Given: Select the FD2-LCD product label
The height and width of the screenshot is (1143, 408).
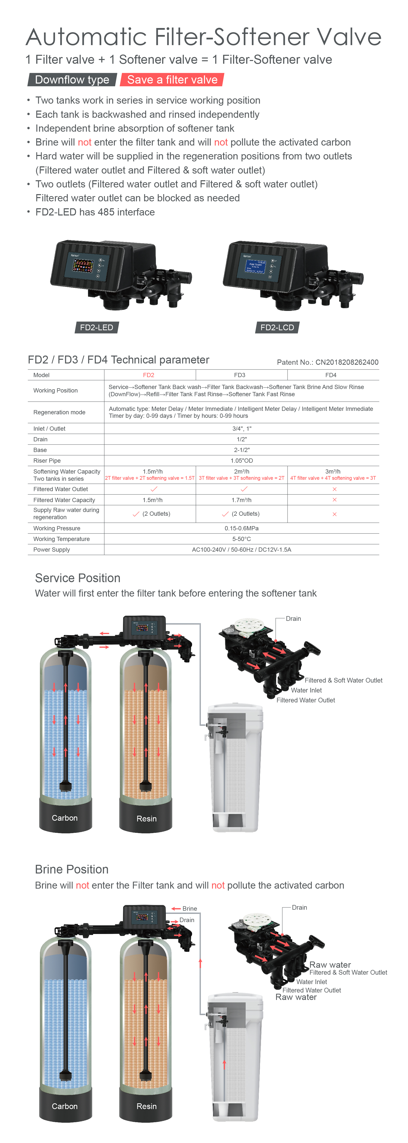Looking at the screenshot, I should tap(277, 328).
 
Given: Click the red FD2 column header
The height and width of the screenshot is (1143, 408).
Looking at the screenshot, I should tap(148, 375).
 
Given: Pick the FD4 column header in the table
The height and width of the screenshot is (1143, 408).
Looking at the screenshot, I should tap(331, 375).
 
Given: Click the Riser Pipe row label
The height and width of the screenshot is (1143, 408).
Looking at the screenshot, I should tap(47, 461).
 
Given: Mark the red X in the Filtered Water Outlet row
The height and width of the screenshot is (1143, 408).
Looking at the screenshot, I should tap(334, 489).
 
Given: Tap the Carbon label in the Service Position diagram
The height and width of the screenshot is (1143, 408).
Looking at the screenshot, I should tap(65, 818).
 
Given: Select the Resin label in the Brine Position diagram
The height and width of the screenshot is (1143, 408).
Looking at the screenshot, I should tap(146, 1106).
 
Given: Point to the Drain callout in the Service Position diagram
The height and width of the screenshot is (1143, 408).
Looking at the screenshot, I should tap(293, 619).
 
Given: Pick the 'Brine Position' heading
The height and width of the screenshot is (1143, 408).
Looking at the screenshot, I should tap(72, 869).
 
